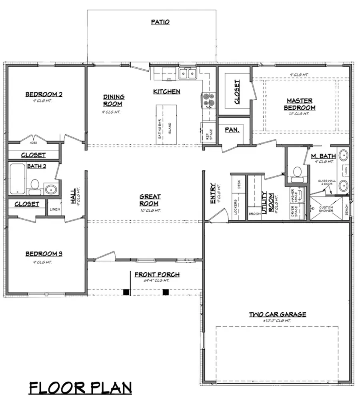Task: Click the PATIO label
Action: (x=160, y=22)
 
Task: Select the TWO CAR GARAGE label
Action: (x=278, y=314)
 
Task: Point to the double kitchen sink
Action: (x=187, y=74)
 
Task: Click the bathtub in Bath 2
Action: (x=18, y=179)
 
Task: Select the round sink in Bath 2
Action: (x=51, y=189)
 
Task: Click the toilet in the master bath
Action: (x=296, y=171)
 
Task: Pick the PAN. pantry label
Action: (x=232, y=130)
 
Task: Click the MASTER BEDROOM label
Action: (x=300, y=104)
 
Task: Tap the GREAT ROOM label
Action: (x=150, y=199)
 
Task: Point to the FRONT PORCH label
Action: (x=157, y=275)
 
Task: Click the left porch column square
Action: (x=126, y=292)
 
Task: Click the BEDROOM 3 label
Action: (x=44, y=253)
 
